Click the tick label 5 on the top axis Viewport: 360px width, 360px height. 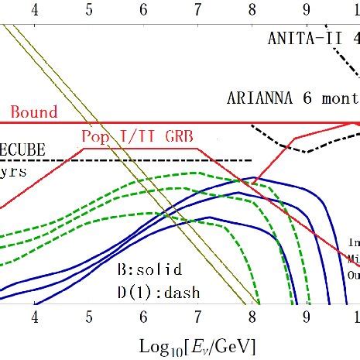pyautogui.click(x=89, y=9)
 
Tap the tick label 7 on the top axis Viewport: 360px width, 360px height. pyautogui.click(x=198, y=9)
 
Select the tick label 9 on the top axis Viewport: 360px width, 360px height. pyautogui.click(x=307, y=9)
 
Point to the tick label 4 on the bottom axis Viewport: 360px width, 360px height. pyautogui.click(x=35, y=317)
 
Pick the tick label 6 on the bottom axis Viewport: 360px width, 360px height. pyautogui.click(x=144, y=317)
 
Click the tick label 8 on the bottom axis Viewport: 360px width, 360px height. pyautogui.click(x=252, y=317)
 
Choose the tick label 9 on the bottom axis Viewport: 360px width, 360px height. pyautogui.click(x=307, y=317)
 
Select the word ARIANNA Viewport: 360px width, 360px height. pyautogui.click(x=260, y=98)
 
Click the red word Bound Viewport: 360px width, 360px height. pyautogui.click(x=33, y=112)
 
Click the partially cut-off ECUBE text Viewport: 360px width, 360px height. pyautogui.click(x=22, y=149)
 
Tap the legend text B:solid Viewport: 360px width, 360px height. pyautogui.click(x=149, y=269)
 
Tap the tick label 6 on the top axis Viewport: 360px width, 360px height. pyautogui.click(x=144, y=9)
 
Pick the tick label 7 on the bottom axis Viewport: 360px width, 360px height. pyautogui.click(x=198, y=317)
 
